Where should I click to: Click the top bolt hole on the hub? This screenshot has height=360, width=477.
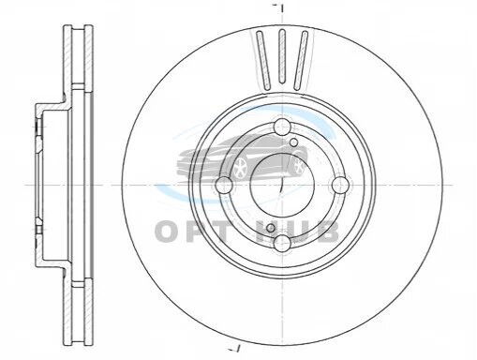pyautogui.click(x=282, y=127)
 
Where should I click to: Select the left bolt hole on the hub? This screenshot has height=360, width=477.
pyautogui.click(x=224, y=185)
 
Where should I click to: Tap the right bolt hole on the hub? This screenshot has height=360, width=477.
pyautogui.click(x=340, y=185)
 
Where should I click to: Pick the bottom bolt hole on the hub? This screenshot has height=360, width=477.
pyautogui.click(x=282, y=243)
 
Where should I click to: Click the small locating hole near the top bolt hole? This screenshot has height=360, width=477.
pyautogui.click(x=293, y=142)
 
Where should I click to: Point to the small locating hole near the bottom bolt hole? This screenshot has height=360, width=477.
pyautogui.click(x=271, y=228)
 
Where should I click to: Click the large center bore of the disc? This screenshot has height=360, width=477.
pyautogui.click(x=282, y=185)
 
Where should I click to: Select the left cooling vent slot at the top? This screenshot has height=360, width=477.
pyautogui.click(x=263, y=59)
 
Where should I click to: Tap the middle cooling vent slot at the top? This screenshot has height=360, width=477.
pyautogui.click(x=282, y=56)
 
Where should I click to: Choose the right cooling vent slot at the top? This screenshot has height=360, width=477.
pyautogui.click(x=301, y=59)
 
